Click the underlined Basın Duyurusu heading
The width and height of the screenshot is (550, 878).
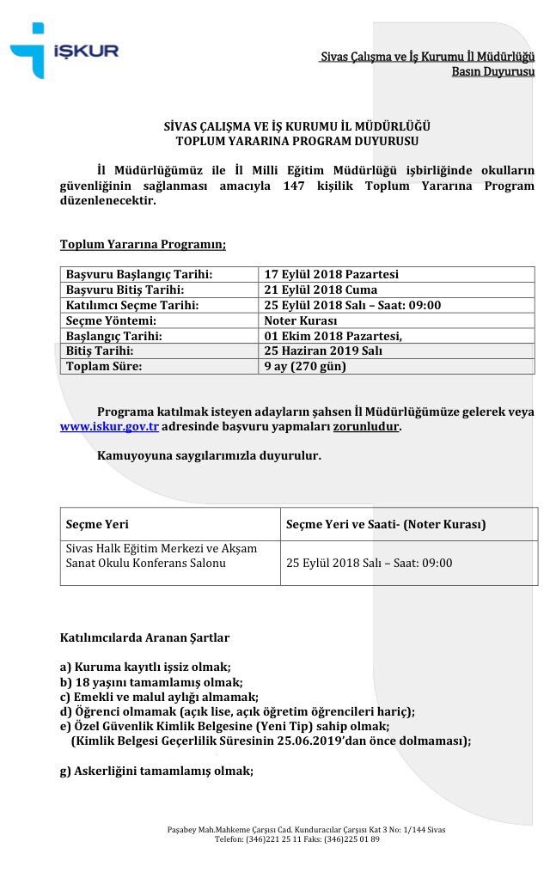click(492, 71)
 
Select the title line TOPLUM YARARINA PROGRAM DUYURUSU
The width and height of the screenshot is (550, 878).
click(296, 141)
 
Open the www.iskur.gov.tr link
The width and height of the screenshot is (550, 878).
click(109, 426)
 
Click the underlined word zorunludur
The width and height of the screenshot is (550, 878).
click(366, 426)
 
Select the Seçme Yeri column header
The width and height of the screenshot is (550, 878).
click(97, 524)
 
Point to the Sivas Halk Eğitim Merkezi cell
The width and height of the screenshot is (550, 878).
click(162, 555)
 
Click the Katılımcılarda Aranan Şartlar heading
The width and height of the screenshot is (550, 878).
click(144, 638)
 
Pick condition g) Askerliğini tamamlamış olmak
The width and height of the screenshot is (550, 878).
click(156, 771)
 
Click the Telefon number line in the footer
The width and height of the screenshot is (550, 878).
click(296, 838)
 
